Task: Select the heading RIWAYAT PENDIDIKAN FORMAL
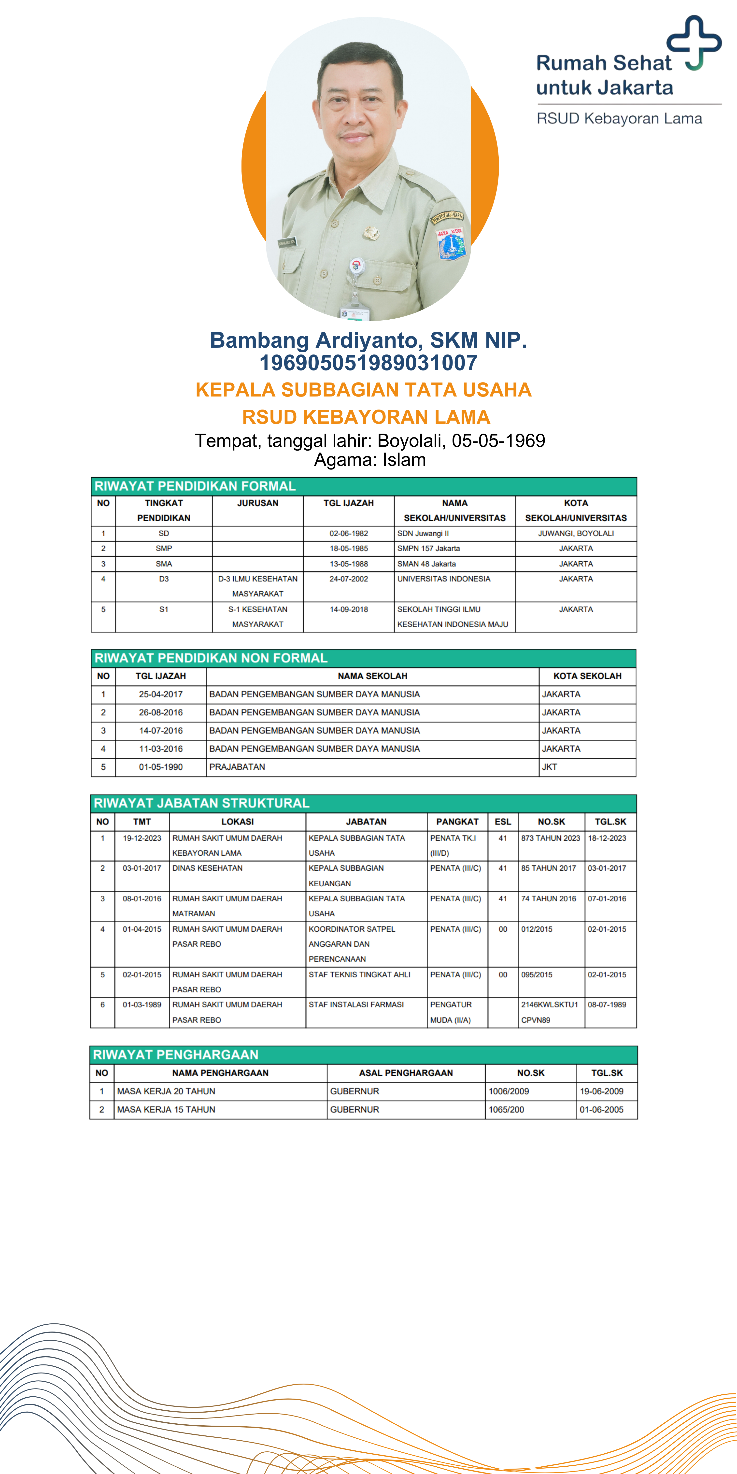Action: tap(195, 486)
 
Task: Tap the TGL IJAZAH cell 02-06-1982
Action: tap(348, 533)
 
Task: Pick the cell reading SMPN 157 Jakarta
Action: tap(429, 548)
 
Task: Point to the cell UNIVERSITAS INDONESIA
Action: tap(443, 579)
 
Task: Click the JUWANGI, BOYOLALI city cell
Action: tap(576, 533)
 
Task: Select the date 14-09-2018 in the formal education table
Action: tap(348, 609)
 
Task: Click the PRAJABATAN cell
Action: tap(237, 767)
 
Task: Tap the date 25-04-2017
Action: tap(161, 694)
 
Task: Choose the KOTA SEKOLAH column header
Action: tap(587, 676)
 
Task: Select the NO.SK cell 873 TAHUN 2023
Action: tap(551, 838)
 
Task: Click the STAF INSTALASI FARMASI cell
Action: tap(356, 1005)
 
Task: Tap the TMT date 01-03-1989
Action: tap(142, 1005)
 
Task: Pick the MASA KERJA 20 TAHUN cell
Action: tap(166, 1091)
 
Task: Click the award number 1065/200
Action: tap(506, 1109)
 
